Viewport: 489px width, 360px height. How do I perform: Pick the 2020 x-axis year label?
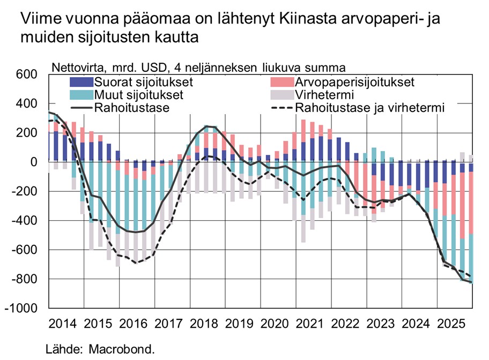[x=274, y=324]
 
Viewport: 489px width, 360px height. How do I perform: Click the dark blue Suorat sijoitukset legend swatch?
[x=81, y=82]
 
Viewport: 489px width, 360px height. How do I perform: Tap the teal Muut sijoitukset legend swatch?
[x=81, y=95]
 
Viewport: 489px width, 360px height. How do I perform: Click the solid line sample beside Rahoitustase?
[x=81, y=108]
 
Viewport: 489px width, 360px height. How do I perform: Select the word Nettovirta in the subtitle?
[x=75, y=67]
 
